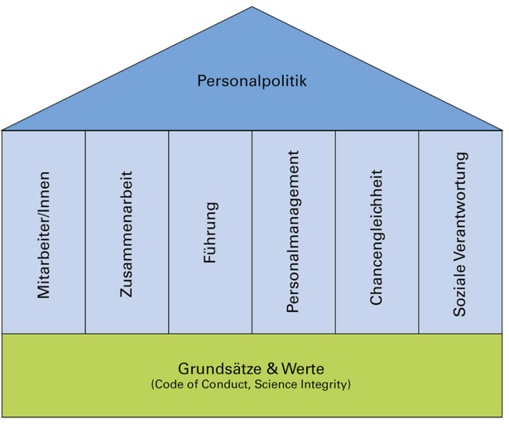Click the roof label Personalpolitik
pos(252,81)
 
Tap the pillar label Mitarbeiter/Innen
pos(44,234)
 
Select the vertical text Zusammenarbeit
pos(127,234)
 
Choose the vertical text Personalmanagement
pos(293,231)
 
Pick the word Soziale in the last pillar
pos(460,293)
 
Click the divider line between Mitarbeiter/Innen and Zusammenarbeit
pos(85,232)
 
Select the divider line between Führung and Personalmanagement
pos(252,232)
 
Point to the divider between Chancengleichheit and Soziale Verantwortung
pos(418,232)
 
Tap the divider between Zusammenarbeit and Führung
pos(169,232)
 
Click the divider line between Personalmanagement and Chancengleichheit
pos(335,232)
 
